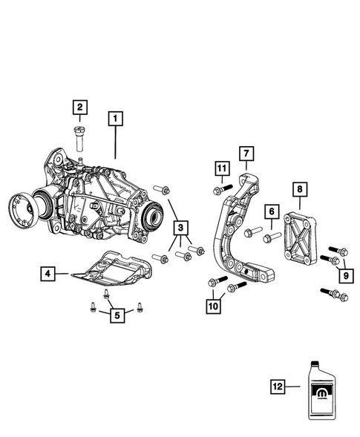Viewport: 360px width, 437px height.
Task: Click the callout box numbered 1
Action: pyautogui.click(x=115, y=117)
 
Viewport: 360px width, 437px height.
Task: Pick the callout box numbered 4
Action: pyautogui.click(x=46, y=275)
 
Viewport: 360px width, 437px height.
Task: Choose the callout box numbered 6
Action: pyautogui.click(x=272, y=213)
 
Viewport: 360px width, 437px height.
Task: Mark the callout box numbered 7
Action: pyautogui.click(x=246, y=154)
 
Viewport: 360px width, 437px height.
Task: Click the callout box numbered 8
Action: pyautogui.click(x=298, y=190)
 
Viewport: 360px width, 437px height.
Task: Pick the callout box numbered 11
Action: pyautogui.click(x=220, y=169)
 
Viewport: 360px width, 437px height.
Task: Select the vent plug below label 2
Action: pyautogui.click(x=79, y=138)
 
